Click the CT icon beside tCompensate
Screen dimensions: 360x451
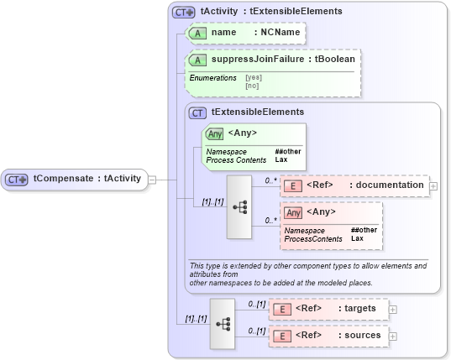(17, 180)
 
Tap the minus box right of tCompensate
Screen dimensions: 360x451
(152, 179)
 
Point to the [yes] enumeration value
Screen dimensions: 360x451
(253, 78)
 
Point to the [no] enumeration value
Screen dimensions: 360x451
(251, 86)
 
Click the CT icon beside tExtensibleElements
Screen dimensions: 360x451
(198, 112)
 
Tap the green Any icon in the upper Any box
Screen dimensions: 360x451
(213, 133)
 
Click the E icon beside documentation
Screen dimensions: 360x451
(294, 185)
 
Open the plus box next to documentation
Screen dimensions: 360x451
(433, 185)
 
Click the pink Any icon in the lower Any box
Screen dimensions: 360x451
(293, 212)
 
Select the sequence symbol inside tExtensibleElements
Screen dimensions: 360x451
(239, 206)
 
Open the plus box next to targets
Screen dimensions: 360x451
(393, 309)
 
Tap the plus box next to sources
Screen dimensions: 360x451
(393, 336)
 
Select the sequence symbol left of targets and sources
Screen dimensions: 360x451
(223, 322)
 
